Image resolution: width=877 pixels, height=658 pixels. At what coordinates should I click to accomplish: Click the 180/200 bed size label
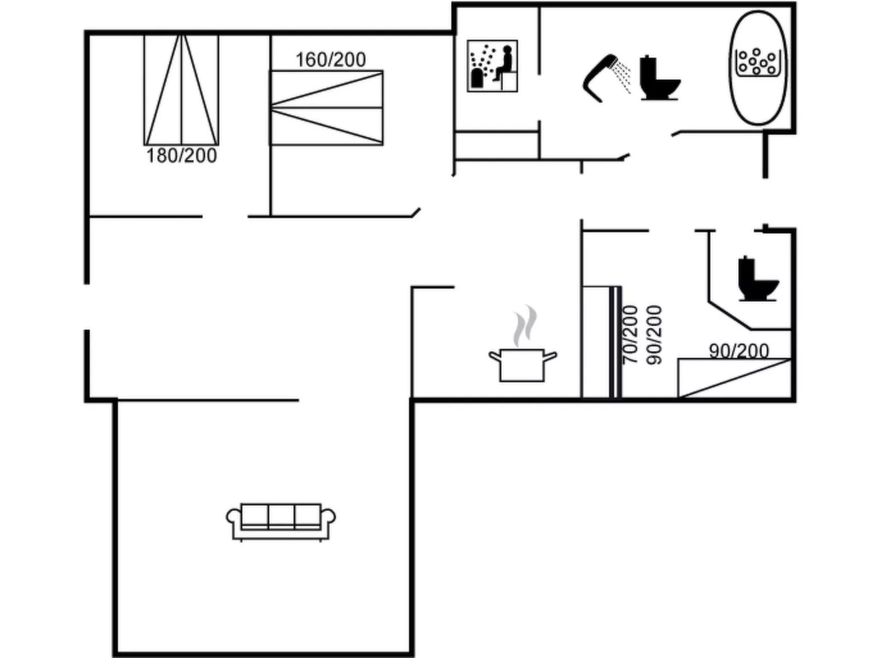[181, 156]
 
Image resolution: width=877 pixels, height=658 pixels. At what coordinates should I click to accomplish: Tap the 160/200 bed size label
[330, 60]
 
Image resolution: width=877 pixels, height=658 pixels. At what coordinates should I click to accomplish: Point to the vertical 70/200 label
[630, 335]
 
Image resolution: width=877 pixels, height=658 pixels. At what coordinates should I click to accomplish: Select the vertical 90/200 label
[654, 335]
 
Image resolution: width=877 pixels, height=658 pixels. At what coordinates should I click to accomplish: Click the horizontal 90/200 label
[739, 351]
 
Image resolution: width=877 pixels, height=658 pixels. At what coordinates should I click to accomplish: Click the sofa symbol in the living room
[281, 521]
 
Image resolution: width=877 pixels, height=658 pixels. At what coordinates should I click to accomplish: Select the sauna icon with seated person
[492, 66]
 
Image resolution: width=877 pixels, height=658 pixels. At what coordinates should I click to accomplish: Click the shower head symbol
[597, 76]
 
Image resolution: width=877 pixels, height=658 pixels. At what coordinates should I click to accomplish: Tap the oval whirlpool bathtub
[757, 68]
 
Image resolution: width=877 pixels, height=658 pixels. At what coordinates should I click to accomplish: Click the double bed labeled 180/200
[181, 90]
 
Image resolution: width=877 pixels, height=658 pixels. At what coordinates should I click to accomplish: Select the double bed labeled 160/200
[327, 108]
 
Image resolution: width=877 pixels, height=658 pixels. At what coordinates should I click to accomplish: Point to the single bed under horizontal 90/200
[734, 378]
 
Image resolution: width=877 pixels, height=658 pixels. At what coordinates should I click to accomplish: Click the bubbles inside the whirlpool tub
[757, 61]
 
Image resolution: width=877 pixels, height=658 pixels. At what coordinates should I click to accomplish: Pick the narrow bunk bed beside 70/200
[601, 342]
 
